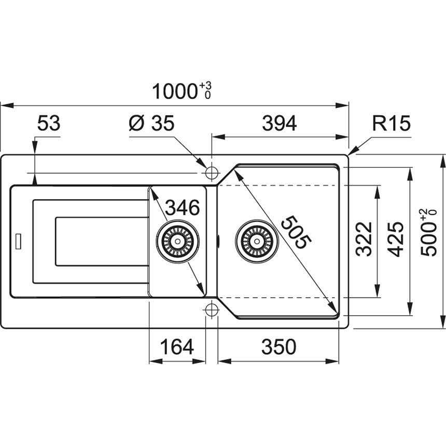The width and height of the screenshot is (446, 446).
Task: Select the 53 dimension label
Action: click(x=49, y=124)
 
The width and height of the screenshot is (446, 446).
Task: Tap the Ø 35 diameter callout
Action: click(x=151, y=124)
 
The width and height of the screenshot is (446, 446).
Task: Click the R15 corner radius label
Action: click(x=391, y=124)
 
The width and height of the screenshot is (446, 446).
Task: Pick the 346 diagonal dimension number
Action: click(x=182, y=208)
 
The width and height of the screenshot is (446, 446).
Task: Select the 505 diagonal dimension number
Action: click(x=296, y=233)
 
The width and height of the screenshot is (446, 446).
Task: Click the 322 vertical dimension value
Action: click(x=365, y=239)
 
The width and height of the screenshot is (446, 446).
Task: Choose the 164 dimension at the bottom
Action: click(x=176, y=347)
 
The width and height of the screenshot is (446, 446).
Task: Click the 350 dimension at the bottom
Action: click(x=278, y=347)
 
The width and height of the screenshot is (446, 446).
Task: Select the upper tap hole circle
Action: click(x=212, y=172)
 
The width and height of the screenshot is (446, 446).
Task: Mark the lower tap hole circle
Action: click(x=212, y=310)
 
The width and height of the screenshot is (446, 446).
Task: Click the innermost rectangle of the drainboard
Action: click(x=102, y=242)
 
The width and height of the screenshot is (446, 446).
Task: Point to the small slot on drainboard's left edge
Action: click(x=19, y=241)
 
